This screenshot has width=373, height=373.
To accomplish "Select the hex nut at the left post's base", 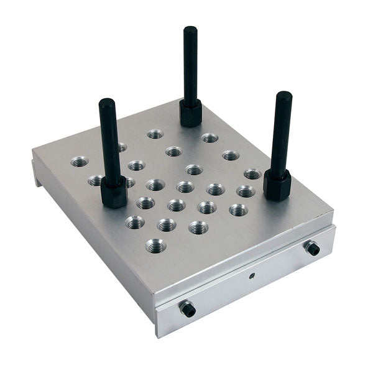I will point(114,193).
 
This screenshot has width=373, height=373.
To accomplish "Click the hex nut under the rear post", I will point(190,113).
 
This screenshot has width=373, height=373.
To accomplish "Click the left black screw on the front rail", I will point(187,308).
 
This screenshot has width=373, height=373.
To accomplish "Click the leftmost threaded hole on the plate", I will point(80,162).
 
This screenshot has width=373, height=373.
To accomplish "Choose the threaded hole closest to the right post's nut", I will point(252,174).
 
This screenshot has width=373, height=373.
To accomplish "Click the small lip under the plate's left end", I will point(36,173).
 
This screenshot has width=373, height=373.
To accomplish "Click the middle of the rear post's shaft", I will point(190,65).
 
